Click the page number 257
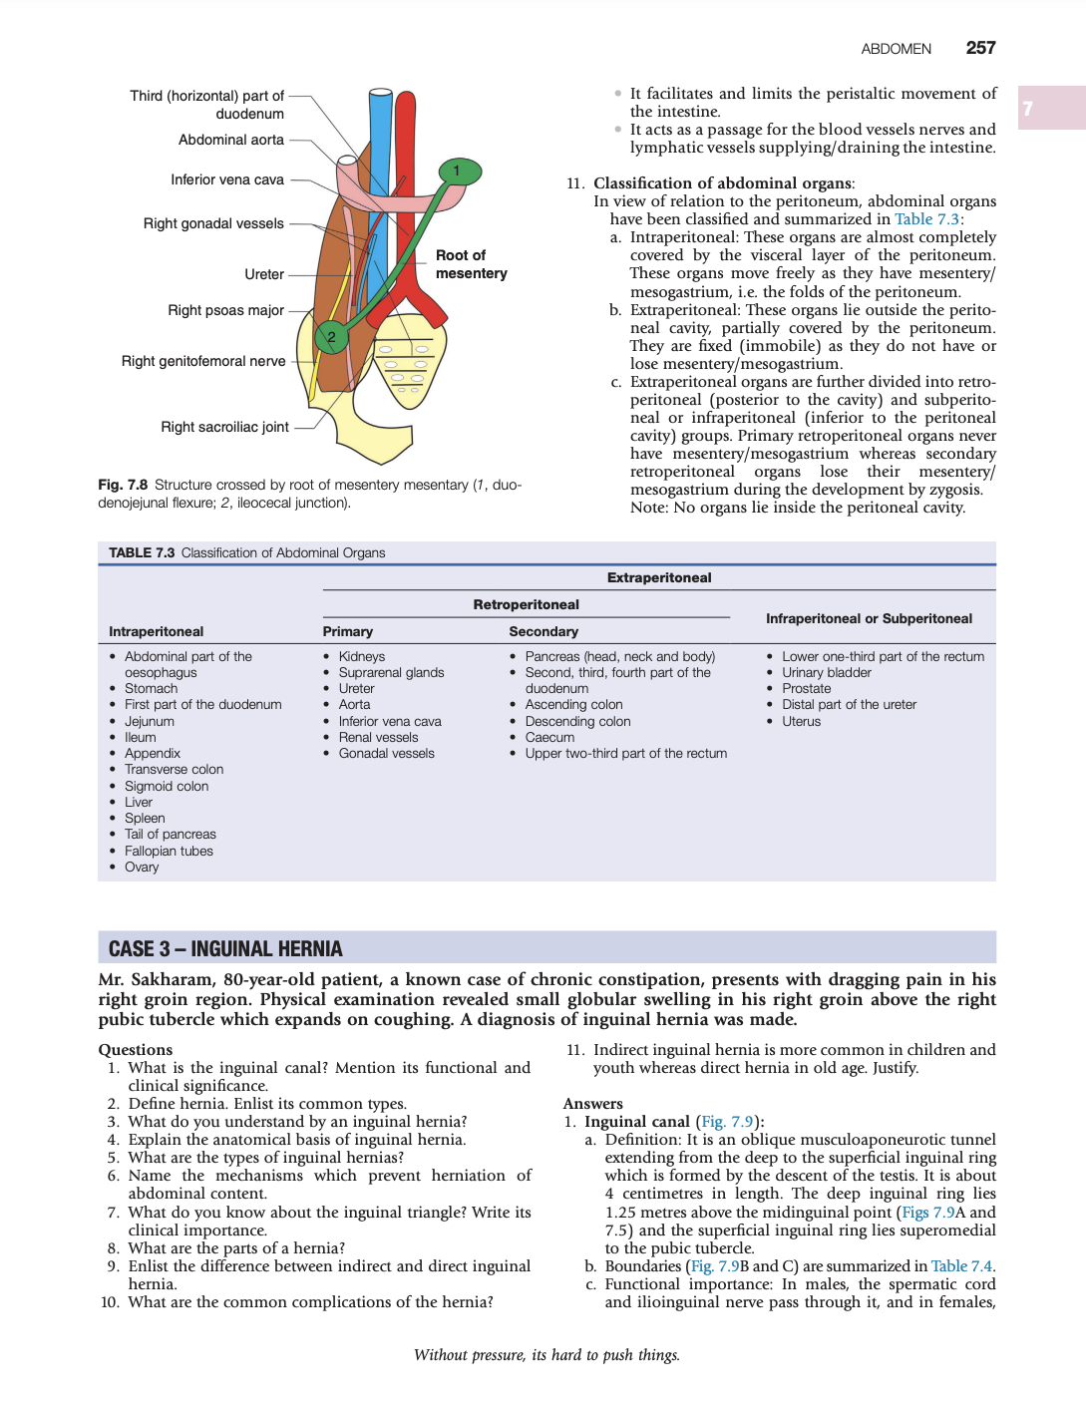pyautogui.click(x=980, y=48)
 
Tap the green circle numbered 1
pyautogui.click(x=459, y=172)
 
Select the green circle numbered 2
pyautogui.click(x=332, y=337)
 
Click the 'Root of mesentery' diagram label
pyautogui.click(x=471, y=264)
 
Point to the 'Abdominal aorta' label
pyautogui.click(x=231, y=140)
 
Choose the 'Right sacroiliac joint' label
pyautogui.click(x=224, y=427)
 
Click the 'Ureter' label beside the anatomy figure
pyautogui.click(x=264, y=274)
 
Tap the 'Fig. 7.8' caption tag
pyautogui.click(x=123, y=485)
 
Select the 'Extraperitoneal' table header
pyautogui.click(x=659, y=577)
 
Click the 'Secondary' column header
pyautogui.click(x=543, y=631)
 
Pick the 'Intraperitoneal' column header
pyautogui.click(x=156, y=631)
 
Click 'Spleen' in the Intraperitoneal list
pyautogui.click(x=145, y=818)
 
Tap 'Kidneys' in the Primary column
pyautogui.click(x=361, y=656)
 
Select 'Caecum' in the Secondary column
pyautogui.click(x=549, y=737)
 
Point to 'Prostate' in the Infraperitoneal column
pyautogui.click(x=806, y=688)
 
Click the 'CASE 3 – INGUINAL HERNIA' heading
pyautogui.click(x=225, y=948)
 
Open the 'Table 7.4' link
pyautogui.click(x=961, y=1266)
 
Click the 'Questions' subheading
pyautogui.click(x=136, y=1049)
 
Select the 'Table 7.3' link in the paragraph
pyautogui.click(x=926, y=219)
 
